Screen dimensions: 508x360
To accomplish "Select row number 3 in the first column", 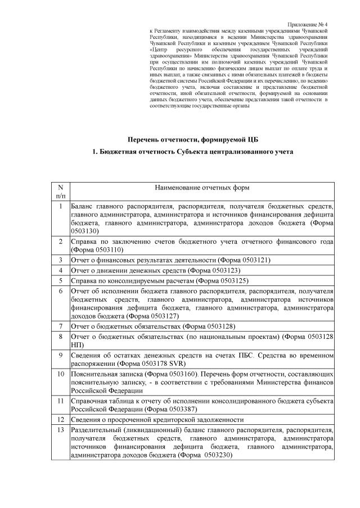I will point(61,260).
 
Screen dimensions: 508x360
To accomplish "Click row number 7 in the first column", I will point(61,326).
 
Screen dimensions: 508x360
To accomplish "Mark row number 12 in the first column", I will point(61,419).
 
